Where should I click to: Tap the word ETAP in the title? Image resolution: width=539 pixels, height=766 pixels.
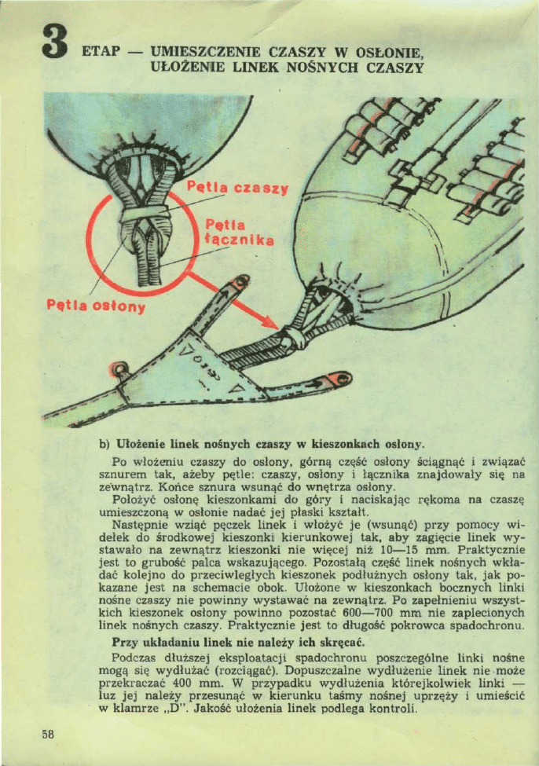click(x=100, y=53)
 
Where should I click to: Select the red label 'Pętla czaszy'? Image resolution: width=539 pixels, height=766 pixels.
click(x=237, y=189)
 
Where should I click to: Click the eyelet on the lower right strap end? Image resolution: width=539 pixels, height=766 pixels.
click(x=340, y=380)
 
